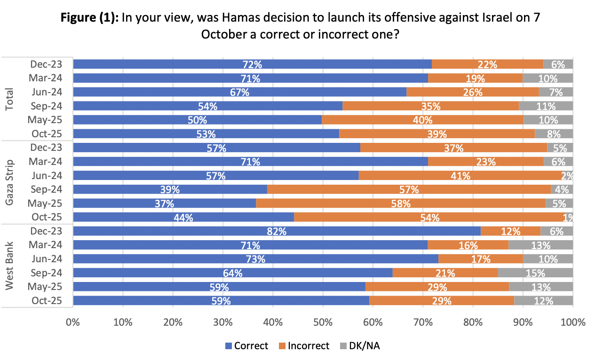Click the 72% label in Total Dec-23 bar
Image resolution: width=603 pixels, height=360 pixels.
(x=253, y=65)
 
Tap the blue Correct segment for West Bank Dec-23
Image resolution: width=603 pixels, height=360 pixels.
(x=277, y=231)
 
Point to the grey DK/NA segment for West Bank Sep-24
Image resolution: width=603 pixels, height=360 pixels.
(x=535, y=273)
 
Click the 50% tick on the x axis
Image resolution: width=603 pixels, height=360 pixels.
(x=323, y=322)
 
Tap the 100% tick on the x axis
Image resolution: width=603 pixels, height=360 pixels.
(x=572, y=322)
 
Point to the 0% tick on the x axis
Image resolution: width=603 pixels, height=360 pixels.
(x=73, y=322)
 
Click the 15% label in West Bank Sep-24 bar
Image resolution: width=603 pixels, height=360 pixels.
(x=535, y=273)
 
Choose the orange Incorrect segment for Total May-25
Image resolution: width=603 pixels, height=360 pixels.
(x=422, y=120)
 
